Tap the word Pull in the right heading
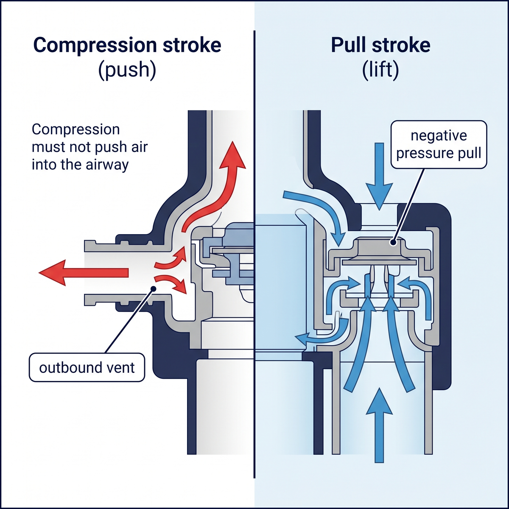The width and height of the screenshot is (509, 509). coord(348,45)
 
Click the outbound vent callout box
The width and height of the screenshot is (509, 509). coord(87,367)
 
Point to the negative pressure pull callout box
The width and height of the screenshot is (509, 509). coord(439,144)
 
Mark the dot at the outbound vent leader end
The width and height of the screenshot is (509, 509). coord(153,288)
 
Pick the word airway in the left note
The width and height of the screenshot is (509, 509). coord(107,165)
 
